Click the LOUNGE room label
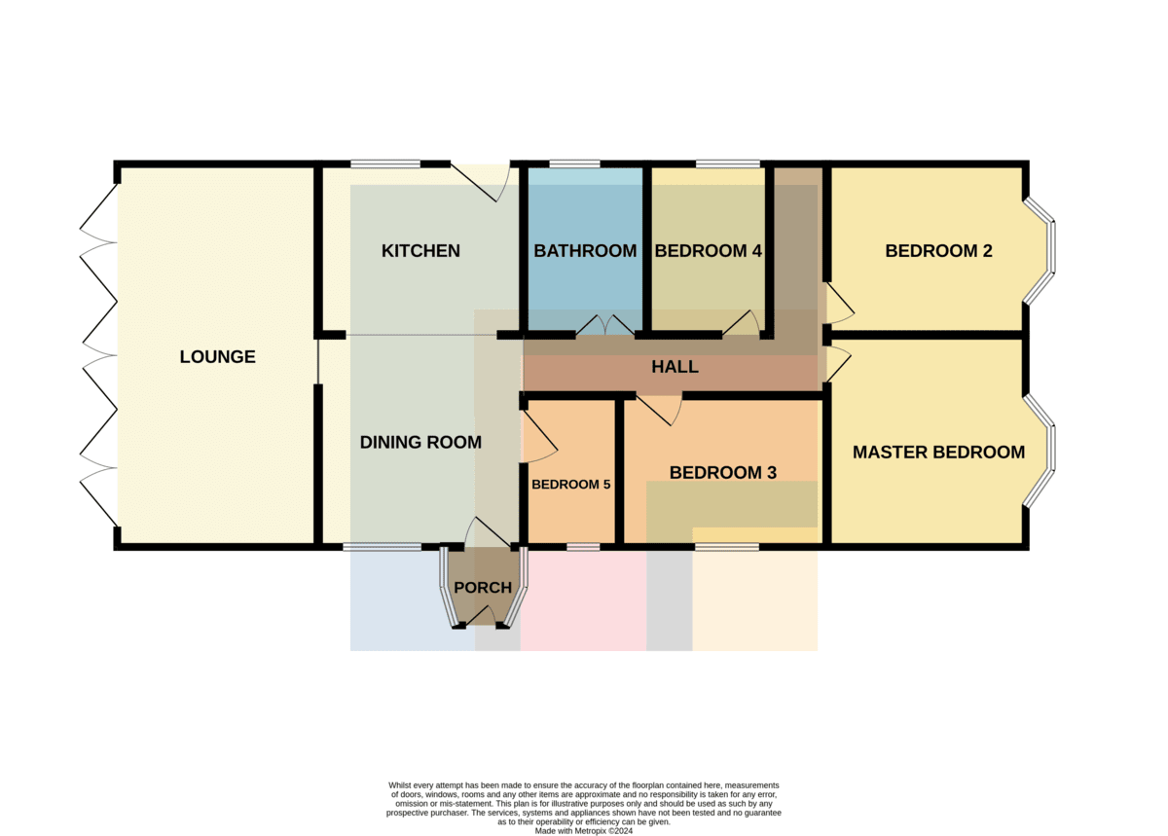point(217,357)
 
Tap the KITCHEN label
point(420,251)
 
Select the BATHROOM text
point(585,251)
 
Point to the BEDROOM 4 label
point(709,251)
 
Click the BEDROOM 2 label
point(938,251)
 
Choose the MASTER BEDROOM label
point(938,453)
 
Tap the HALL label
point(675,367)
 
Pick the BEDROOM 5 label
point(571,485)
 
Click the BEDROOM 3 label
point(722,473)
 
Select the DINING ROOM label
point(420,443)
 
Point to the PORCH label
point(483,588)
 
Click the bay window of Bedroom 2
point(1040,250)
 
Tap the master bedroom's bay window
point(1040,451)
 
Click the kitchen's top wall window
point(385,164)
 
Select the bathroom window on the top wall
point(574,164)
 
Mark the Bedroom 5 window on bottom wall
point(583,547)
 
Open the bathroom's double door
point(604,325)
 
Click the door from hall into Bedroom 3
point(658,410)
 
